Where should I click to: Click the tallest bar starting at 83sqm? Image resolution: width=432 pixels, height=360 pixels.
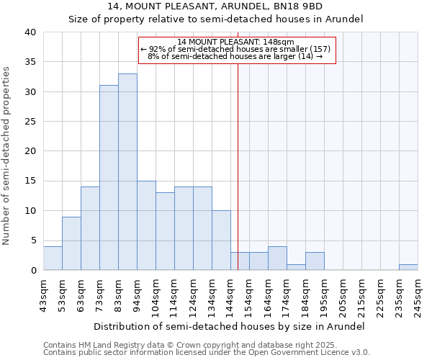click(127, 172)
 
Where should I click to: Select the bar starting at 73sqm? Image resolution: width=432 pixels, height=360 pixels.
click(109, 178)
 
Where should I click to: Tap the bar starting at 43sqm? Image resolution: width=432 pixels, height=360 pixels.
click(53, 258)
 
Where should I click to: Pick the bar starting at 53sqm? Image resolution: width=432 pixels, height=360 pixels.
click(71, 243)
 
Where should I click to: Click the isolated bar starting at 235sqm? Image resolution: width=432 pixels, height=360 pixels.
click(408, 267)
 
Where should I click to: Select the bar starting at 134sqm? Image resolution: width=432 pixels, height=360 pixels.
click(221, 240)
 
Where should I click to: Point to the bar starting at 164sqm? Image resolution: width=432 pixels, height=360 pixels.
click(277, 258)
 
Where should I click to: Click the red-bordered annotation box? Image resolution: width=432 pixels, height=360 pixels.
click(237, 49)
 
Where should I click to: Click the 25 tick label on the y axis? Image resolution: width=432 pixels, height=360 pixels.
click(30, 122)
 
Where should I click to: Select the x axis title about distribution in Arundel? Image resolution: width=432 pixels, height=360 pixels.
click(230, 326)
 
